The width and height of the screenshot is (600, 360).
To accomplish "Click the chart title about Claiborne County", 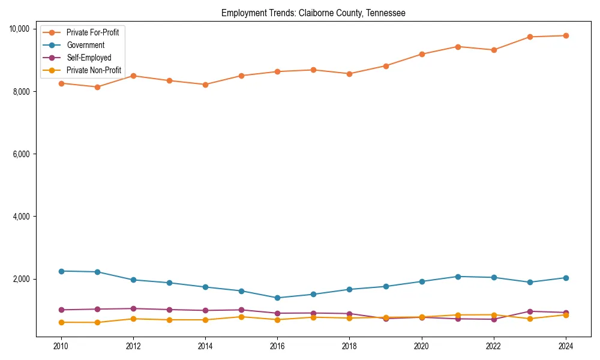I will coord(313,13).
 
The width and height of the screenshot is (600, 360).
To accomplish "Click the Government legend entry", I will coord(85,45).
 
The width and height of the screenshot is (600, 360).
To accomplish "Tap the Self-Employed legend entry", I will coord(89,58).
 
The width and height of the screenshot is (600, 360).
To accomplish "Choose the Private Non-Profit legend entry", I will coord(94,70).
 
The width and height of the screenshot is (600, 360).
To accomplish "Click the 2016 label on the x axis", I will coord(277,346).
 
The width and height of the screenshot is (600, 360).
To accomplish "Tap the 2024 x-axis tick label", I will coord(566,346).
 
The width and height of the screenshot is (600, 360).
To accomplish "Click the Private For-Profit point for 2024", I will coord(566,35).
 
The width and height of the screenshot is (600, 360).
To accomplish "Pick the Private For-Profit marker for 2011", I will coord(97,87).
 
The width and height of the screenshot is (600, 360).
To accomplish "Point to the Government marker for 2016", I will coord(277,298).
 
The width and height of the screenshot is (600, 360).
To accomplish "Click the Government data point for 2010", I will coord(61,271).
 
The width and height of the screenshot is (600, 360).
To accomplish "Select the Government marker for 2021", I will coord(458,277).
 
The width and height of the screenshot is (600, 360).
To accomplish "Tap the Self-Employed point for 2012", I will coord(133,308).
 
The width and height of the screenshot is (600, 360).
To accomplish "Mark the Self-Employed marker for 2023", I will coord(530,311).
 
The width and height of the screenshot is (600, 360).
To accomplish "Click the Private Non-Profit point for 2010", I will coord(61,322).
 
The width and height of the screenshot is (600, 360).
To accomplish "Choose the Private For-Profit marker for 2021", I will coord(458,46).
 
